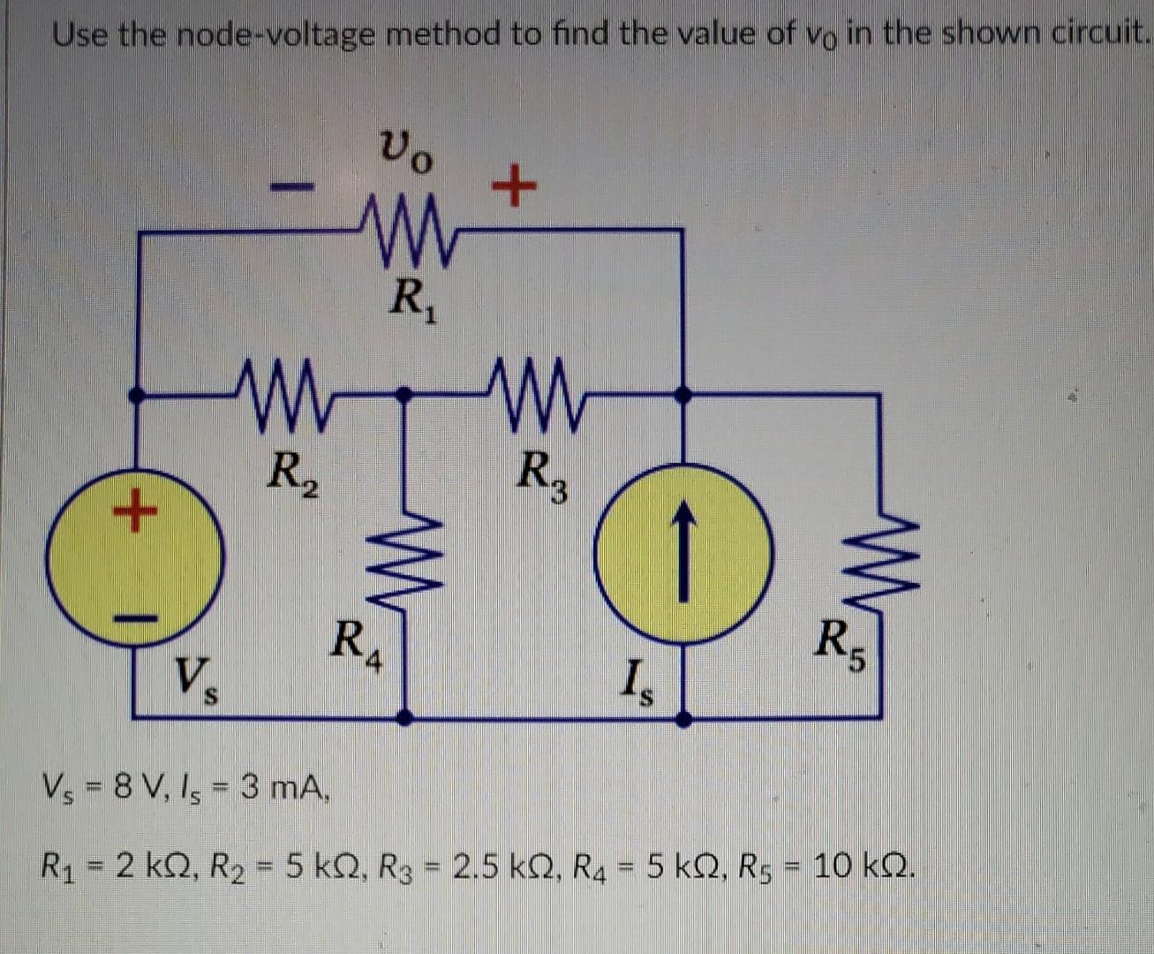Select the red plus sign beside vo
[513, 187]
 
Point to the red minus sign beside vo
[291, 186]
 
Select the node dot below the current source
[683, 719]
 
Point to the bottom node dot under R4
[405, 717]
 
